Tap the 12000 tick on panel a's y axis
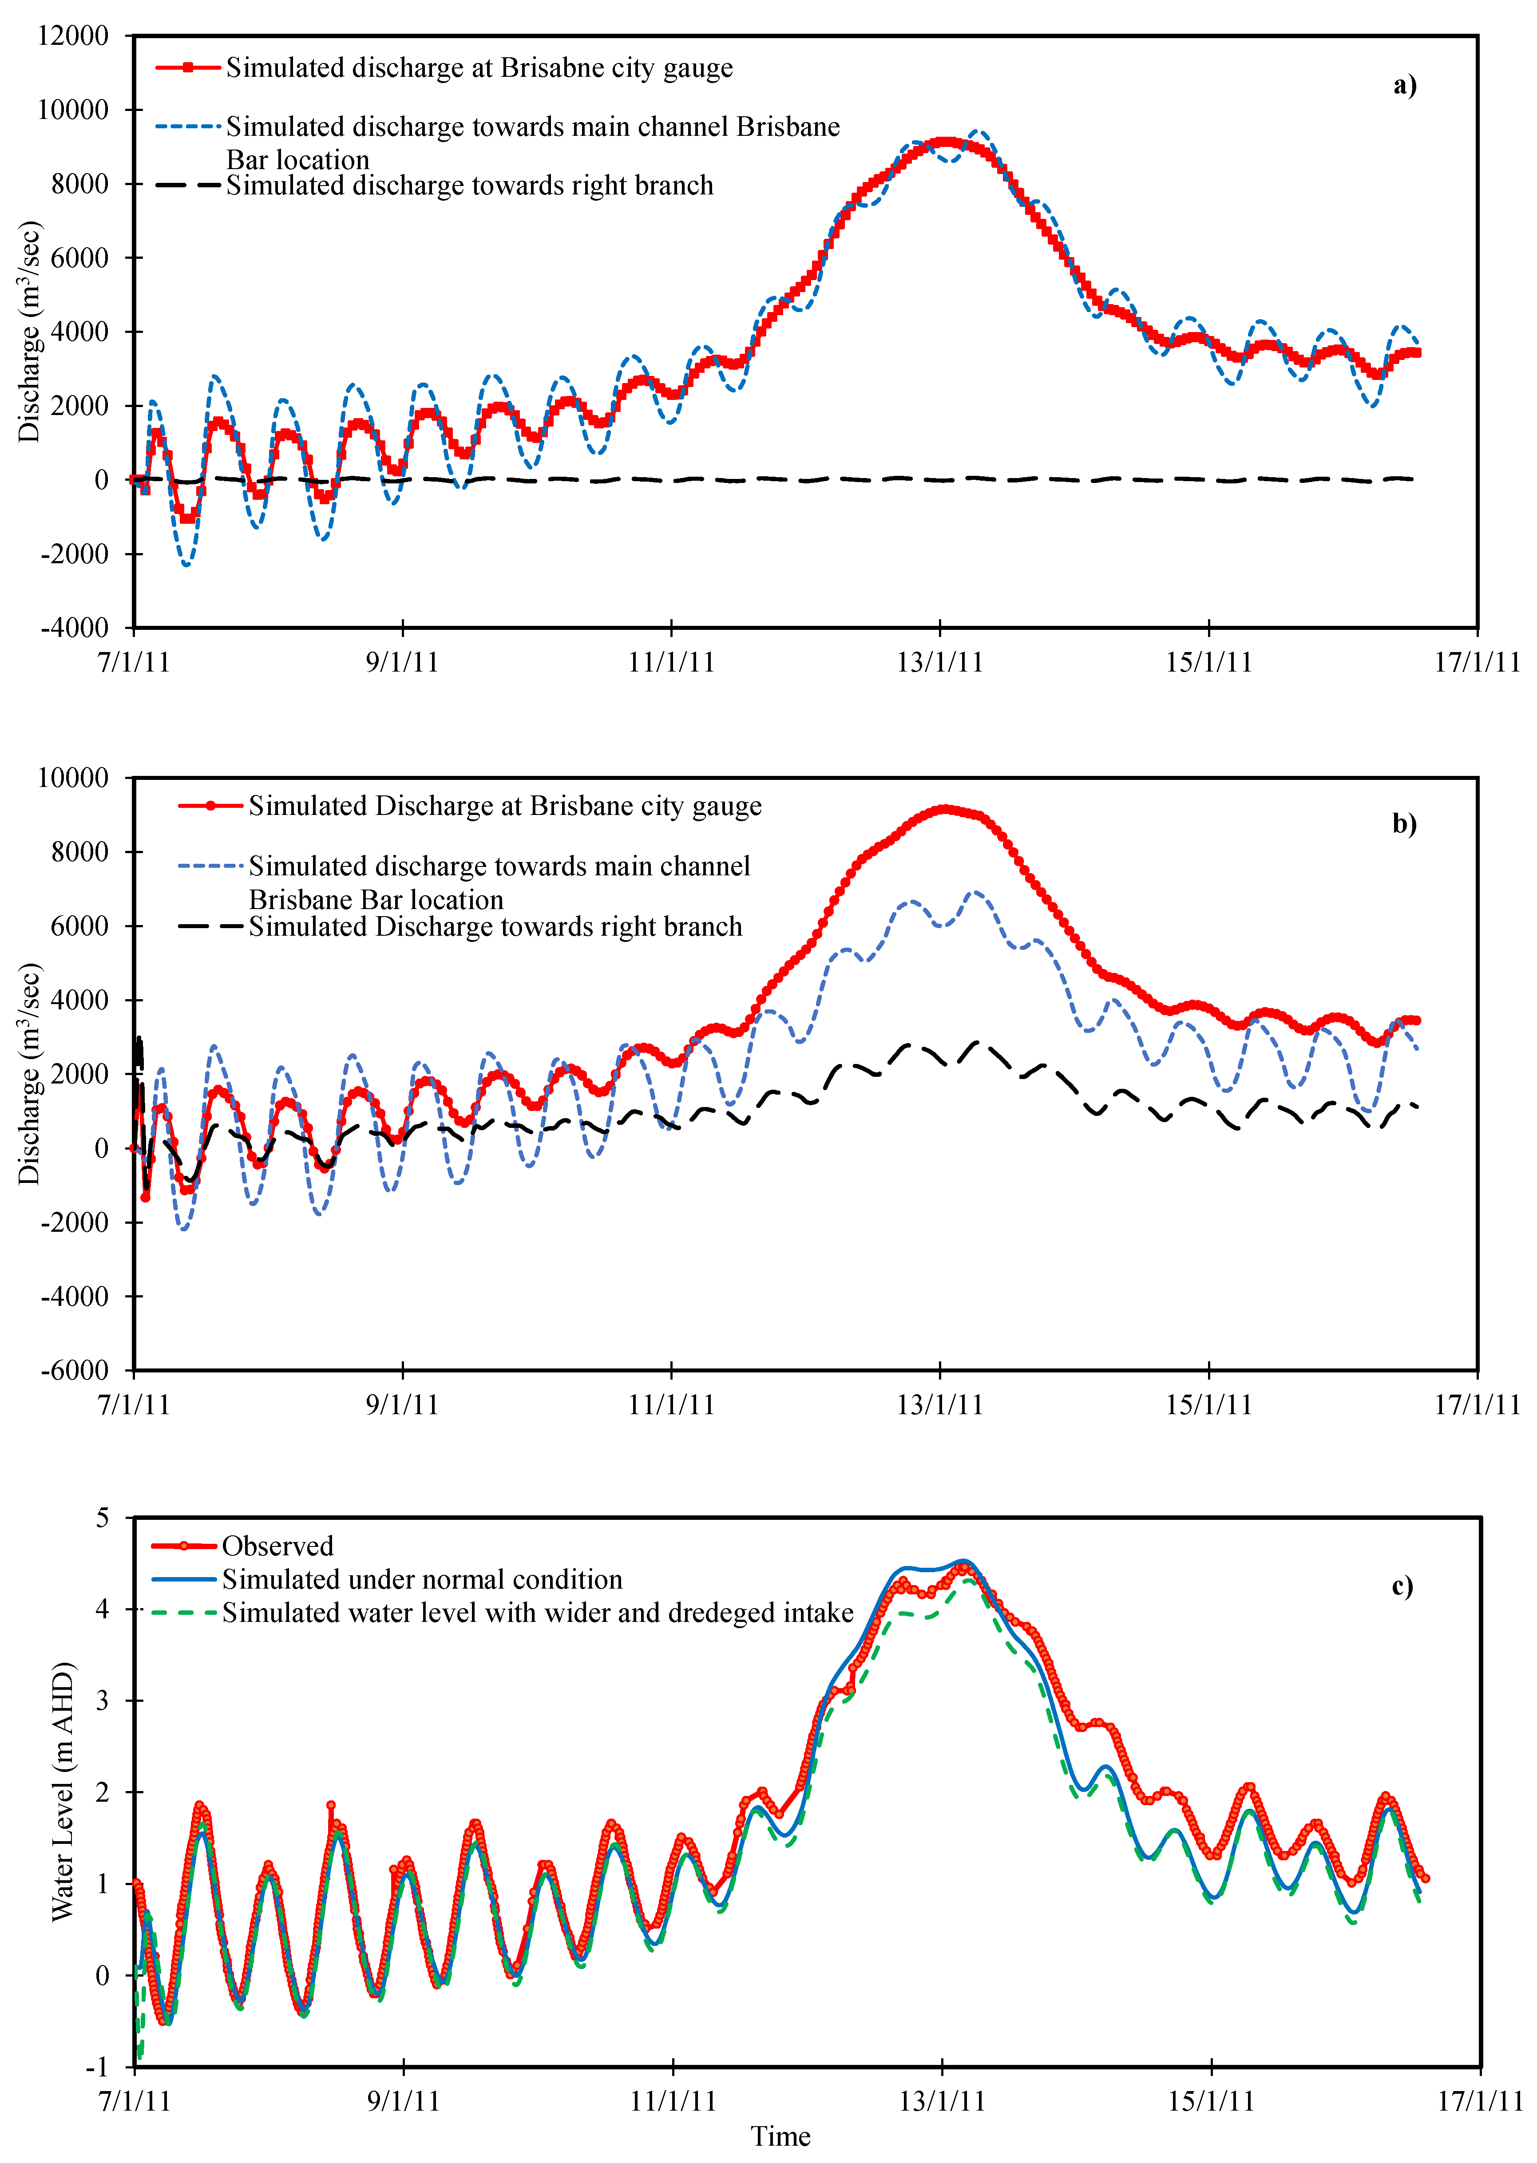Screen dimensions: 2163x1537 pos(73,36)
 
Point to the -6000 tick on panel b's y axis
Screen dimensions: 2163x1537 pos(75,1370)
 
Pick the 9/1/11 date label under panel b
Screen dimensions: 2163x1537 pos(402,1404)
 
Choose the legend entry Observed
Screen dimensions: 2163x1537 pos(277,1546)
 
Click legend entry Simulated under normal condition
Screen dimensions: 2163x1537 pos(422,1579)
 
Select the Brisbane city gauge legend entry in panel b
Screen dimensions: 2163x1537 pos(504,806)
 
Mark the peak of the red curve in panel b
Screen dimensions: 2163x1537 pos(943,809)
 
